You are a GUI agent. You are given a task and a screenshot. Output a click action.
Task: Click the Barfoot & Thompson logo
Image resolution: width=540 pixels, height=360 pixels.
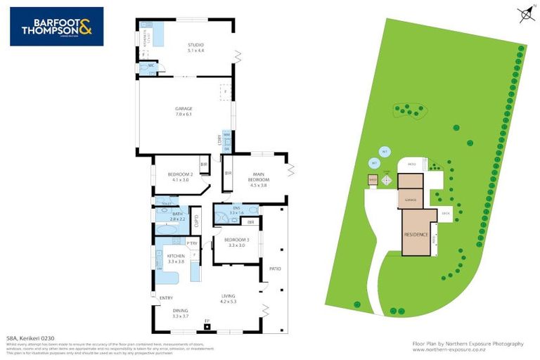[56, 26]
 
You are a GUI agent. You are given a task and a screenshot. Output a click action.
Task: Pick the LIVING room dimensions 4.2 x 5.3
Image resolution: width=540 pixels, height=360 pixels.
[229, 302]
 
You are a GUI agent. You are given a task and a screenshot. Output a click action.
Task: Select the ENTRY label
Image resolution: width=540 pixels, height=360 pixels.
[166, 297]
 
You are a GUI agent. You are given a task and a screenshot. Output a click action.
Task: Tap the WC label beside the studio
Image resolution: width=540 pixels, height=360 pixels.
[150, 65]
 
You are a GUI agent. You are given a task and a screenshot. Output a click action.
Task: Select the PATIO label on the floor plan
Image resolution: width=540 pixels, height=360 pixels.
[274, 268]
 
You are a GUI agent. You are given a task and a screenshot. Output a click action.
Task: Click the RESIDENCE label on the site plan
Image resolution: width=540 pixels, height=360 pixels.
[416, 234]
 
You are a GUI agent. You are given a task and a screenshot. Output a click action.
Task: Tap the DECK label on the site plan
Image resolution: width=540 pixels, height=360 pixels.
[445, 213]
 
